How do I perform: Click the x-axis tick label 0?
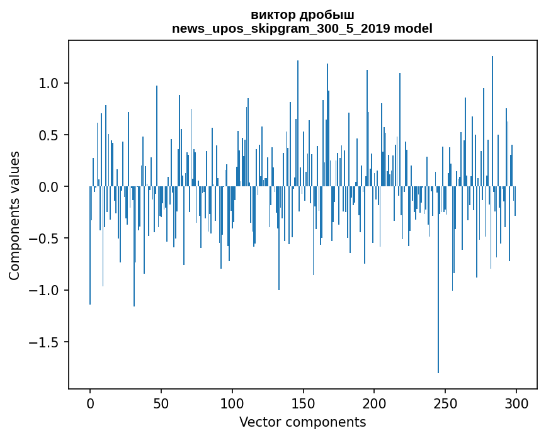[x=90, y=403]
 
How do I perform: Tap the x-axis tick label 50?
[x=161, y=403]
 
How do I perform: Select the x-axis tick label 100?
[x=232, y=403]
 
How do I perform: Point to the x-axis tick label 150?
[x=304, y=403]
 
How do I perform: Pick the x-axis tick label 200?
[x=374, y=403]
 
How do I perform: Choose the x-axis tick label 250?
[x=445, y=403]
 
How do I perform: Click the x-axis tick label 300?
[x=516, y=403]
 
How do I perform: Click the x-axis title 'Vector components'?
[x=302, y=422]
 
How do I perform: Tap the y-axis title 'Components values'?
[x=14, y=215]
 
